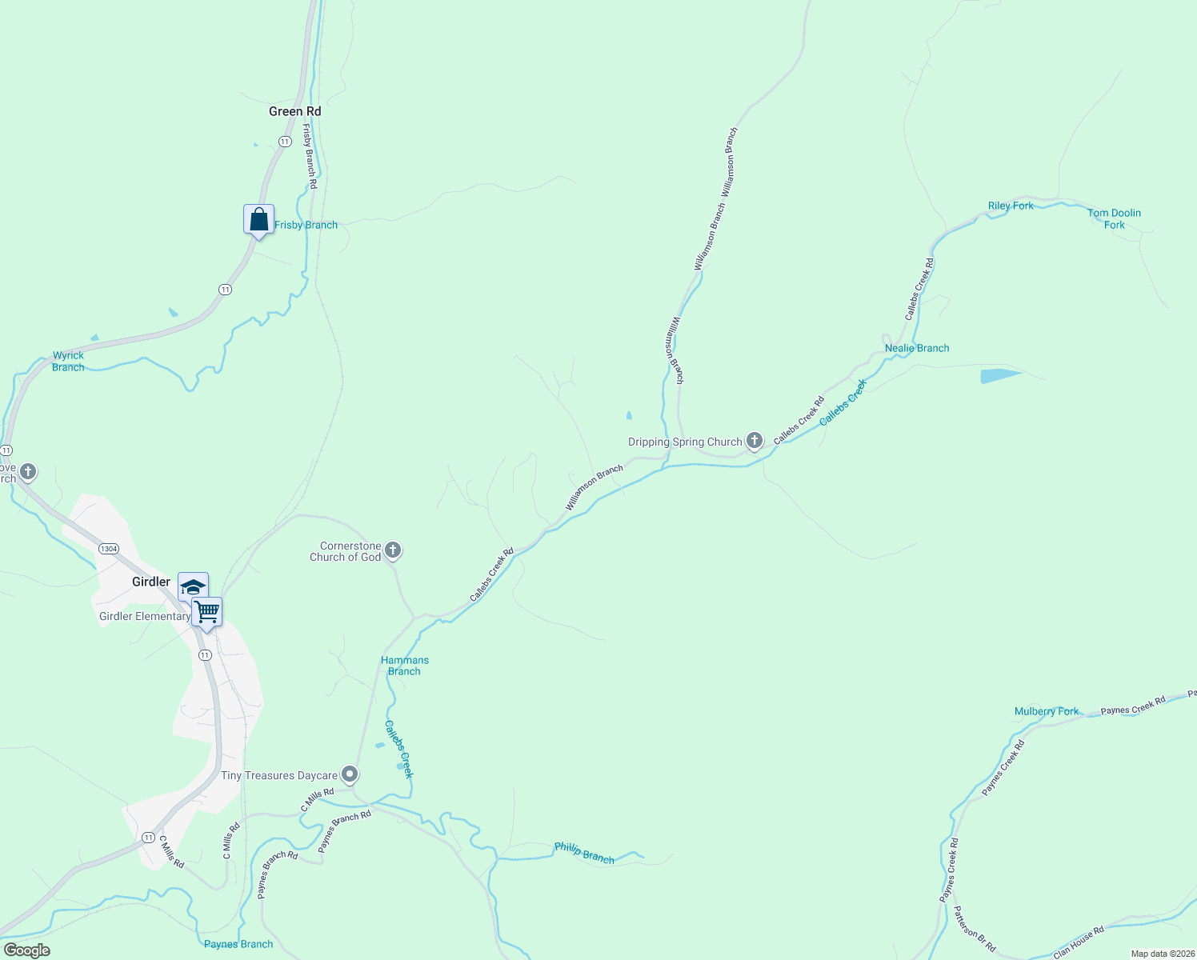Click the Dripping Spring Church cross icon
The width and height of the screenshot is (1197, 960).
754,440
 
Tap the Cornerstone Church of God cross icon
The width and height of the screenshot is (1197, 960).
392,550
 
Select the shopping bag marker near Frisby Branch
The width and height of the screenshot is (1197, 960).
258,219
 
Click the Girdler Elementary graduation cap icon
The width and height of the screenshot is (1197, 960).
193,587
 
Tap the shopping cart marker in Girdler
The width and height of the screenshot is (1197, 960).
207,612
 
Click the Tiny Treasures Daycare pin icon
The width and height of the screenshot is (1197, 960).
349,774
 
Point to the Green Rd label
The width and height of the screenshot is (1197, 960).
294,111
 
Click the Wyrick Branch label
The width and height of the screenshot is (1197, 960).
68,362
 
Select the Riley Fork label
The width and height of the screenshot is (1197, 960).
1011,206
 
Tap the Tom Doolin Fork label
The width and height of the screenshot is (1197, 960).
1114,218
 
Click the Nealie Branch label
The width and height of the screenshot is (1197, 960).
917,348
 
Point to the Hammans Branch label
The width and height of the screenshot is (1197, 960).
404,666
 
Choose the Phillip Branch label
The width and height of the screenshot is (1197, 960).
584,854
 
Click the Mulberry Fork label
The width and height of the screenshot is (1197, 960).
1047,711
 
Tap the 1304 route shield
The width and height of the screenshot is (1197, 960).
109,549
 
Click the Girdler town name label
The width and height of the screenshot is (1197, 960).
151,582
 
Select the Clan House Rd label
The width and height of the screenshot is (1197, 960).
1079,942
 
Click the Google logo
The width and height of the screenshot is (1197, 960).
27,950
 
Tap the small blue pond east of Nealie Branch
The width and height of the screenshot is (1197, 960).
999,375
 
